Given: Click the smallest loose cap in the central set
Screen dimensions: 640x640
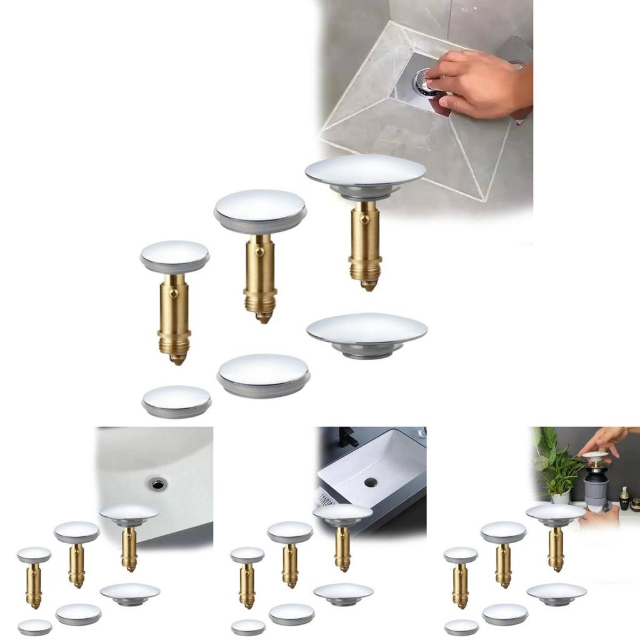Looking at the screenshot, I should [x=176, y=400].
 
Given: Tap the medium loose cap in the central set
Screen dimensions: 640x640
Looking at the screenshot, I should [x=263, y=374].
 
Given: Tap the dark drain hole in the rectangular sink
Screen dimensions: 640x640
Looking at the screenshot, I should [x=371, y=482].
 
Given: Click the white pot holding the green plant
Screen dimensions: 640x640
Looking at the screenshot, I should [x=561, y=496].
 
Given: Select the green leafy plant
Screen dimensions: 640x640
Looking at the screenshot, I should [x=553, y=462].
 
